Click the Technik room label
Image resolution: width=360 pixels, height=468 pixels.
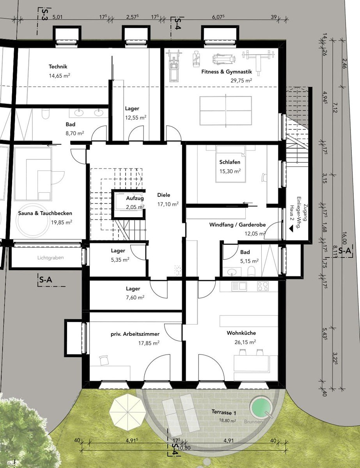(x=58, y=67)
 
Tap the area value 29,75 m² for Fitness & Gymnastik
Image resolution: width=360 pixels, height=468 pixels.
(x=241, y=81)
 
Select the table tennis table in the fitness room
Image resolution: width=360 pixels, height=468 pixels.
(x=226, y=111)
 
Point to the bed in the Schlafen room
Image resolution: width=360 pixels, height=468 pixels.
(x=231, y=164)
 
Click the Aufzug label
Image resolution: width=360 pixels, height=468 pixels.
(x=135, y=198)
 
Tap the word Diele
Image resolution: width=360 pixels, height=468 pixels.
(x=164, y=195)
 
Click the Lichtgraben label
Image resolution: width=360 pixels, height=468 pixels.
(x=51, y=257)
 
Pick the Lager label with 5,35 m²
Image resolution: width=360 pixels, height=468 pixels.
(x=118, y=251)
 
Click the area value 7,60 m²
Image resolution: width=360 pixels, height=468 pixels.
(x=135, y=298)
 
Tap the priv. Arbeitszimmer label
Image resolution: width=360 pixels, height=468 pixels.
(x=135, y=334)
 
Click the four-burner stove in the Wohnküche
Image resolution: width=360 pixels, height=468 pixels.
(x=262, y=286)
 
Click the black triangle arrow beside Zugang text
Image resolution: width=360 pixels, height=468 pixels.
(x=291, y=229)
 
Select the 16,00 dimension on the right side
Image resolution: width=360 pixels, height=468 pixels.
(x=344, y=237)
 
